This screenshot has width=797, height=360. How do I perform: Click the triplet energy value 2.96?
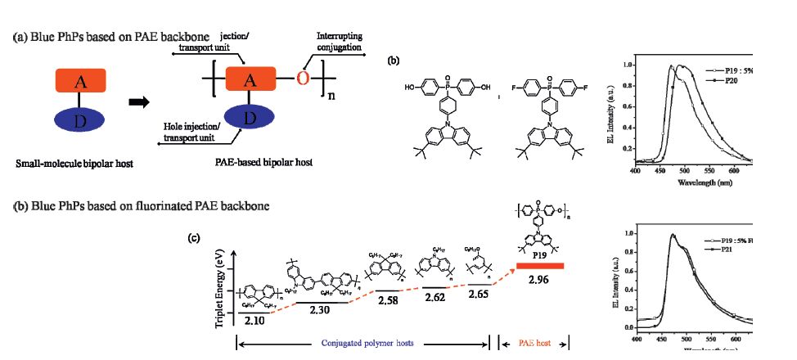click(538, 280)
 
